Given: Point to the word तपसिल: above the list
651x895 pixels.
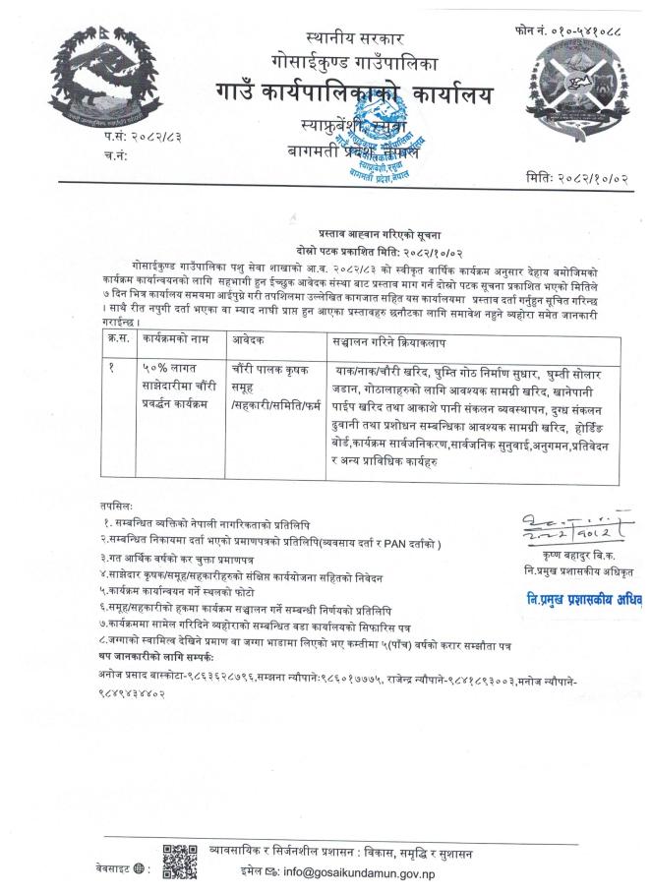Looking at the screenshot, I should point(116,501).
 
